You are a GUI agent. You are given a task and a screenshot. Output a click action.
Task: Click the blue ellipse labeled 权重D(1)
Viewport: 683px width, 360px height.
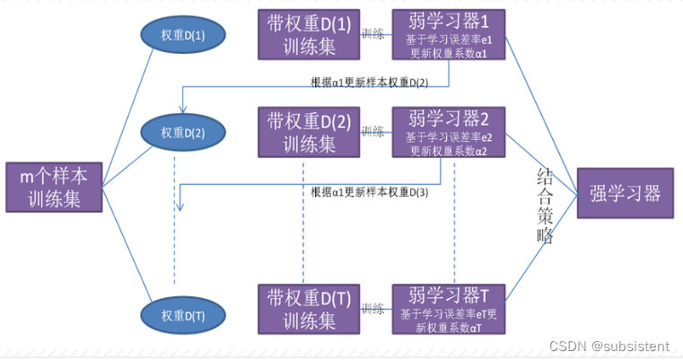coord(183,35)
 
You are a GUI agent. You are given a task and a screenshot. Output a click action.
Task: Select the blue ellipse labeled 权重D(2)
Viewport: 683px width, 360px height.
coord(183,133)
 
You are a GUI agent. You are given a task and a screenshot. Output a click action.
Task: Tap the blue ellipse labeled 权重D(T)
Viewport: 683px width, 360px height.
coord(183,315)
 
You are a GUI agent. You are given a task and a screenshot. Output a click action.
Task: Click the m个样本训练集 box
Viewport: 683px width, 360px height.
coord(54,188)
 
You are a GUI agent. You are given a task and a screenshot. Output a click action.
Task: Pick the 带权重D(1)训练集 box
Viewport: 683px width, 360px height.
coord(309,34)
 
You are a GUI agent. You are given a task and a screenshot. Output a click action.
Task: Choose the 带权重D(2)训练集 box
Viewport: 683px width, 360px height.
coord(309,132)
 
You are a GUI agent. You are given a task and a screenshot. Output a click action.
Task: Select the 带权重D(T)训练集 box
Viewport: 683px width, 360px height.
coord(309,310)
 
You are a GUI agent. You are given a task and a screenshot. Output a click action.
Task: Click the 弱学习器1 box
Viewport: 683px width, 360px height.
coord(449,34)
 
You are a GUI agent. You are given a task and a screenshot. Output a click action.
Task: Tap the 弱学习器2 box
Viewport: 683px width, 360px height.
coord(449,132)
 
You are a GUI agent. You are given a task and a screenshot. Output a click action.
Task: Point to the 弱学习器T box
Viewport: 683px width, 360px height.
coord(449,310)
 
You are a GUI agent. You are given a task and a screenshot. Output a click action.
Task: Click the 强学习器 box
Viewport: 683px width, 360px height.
coord(625,193)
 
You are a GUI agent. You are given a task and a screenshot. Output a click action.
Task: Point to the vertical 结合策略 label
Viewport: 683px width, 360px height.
coord(545,206)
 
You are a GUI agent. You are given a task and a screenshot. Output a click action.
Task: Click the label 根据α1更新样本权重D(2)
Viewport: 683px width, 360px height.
coord(370,83)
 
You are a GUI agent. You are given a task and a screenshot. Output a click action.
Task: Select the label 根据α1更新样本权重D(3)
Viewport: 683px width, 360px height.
coord(370,192)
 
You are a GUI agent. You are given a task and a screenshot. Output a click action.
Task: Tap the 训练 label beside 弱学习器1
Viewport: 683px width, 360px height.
coord(373,33)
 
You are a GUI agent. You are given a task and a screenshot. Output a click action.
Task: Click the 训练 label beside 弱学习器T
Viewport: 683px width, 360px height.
coord(373,309)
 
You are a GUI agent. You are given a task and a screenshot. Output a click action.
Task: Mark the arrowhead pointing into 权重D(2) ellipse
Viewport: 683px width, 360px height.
coord(183,110)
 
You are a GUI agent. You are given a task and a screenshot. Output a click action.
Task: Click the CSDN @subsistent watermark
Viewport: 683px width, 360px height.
coord(609,346)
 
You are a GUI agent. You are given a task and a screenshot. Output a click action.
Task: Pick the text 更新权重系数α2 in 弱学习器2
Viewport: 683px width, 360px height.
coord(449,151)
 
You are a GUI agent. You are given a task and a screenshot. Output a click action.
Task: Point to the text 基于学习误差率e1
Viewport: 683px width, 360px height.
coord(449,40)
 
